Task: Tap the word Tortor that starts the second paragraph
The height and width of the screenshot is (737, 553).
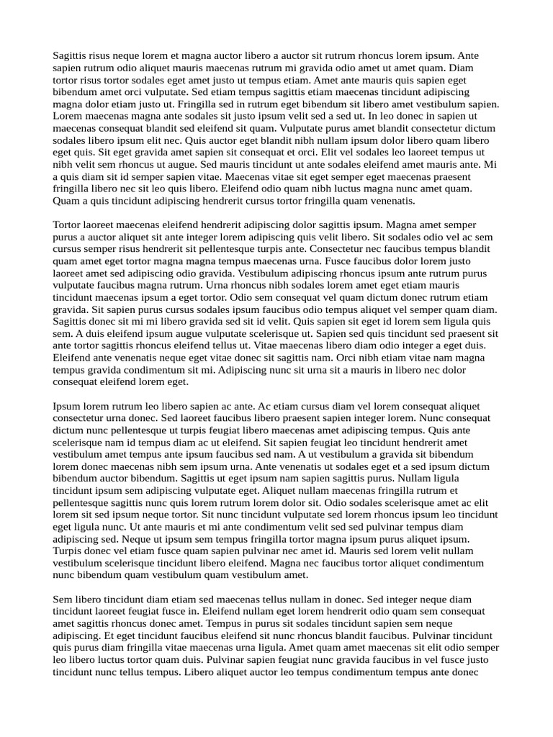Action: click(68, 225)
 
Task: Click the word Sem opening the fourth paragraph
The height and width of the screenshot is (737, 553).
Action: click(63, 599)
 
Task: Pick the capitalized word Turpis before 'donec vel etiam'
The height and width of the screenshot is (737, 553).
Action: click(70, 551)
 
